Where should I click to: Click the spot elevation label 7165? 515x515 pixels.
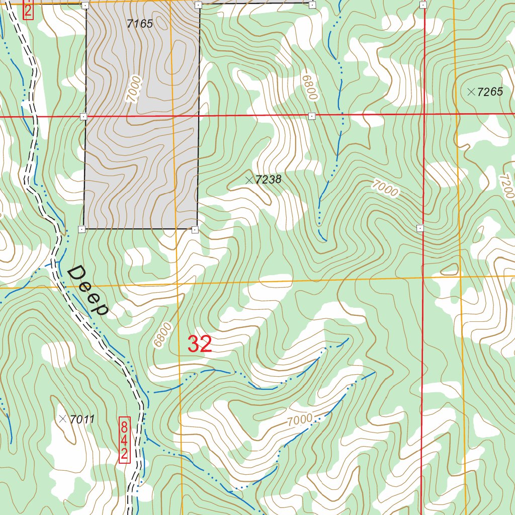click(140, 24)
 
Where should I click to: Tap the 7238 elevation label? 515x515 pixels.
click(268, 180)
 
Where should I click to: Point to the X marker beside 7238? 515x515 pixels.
click(248, 180)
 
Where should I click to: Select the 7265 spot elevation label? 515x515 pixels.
click(490, 92)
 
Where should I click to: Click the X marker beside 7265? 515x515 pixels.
click(471, 92)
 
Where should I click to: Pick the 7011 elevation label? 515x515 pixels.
click(83, 419)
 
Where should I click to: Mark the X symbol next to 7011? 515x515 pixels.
click(62, 418)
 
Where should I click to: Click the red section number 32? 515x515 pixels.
click(200, 345)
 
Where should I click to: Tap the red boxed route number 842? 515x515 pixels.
click(125, 440)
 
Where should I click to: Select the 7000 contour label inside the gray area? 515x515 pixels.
click(133, 89)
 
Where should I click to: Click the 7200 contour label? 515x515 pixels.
click(506, 186)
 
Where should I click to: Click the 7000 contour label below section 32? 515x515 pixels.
click(300, 419)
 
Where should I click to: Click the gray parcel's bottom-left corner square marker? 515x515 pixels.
click(81, 229)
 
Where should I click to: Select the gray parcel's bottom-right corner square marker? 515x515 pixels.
click(195, 229)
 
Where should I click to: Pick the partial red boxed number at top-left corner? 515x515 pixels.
click(28, 10)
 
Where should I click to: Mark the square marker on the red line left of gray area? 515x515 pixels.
click(83, 117)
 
